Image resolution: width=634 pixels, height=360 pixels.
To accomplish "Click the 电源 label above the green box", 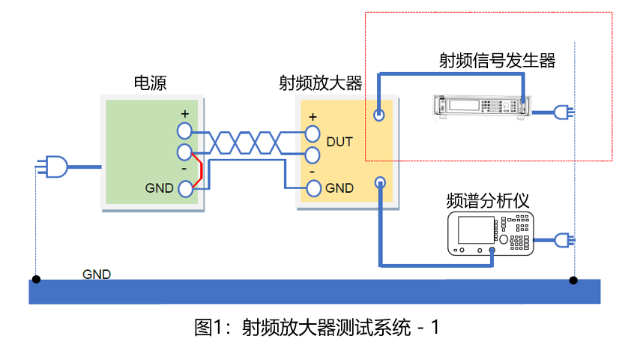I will [150, 82].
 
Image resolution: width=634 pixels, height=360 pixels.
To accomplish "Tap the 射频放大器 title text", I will [320, 82].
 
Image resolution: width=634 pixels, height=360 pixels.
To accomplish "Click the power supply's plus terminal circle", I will [184, 131].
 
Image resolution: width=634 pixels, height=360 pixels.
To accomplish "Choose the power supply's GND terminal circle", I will [184, 189].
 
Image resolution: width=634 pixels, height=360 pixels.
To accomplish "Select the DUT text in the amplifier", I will [339, 142].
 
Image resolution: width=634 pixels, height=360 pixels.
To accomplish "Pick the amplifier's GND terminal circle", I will [313, 188].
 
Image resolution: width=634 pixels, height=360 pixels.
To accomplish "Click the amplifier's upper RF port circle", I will [380, 115].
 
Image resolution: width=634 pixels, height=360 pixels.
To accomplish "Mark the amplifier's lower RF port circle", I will [380, 182].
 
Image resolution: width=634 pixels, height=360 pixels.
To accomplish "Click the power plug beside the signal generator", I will [563, 112].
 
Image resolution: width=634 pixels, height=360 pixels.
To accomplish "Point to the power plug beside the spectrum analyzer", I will [563, 240].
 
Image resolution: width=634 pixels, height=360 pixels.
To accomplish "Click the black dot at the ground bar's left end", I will [36, 280].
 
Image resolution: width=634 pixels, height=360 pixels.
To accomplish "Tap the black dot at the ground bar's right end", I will [573, 280].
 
